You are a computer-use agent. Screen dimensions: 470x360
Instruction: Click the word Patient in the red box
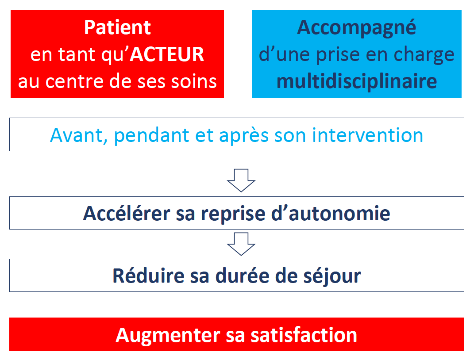[x=118, y=27]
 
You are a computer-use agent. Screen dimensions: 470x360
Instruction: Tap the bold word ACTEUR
[x=167, y=54]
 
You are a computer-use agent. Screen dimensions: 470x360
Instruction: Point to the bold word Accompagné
[x=357, y=28]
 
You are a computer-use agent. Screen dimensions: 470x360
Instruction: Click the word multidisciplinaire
[x=357, y=81]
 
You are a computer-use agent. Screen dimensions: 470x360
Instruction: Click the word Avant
[x=78, y=135]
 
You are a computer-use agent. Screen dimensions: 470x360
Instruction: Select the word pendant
[x=152, y=135]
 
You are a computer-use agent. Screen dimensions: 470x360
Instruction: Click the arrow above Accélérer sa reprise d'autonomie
[x=241, y=180]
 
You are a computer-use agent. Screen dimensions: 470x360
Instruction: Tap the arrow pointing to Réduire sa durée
[x=241, y=244]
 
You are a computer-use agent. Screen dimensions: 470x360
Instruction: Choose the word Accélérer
[x=127, y=214]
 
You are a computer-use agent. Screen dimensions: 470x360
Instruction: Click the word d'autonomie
[x=331, y=214]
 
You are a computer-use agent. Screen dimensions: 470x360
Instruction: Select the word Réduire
[x=148, y=276]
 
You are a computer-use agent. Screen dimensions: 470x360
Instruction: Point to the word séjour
[x=332, y=276]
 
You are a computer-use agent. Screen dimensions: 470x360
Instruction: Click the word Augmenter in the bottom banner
[x=168, y=335]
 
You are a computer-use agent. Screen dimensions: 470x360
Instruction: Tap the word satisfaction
[x=304, y=335]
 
